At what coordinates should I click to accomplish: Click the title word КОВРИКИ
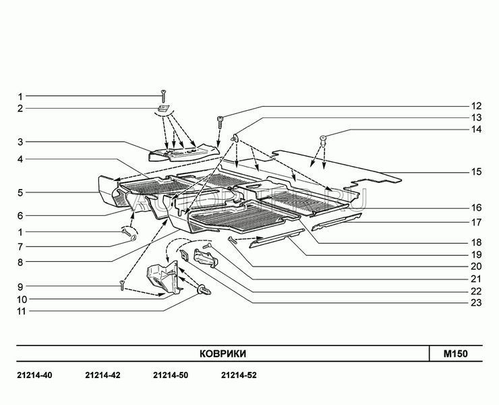tap(223, 354)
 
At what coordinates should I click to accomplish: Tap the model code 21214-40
tap(33, 375)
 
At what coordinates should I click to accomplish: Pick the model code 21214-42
tap(102, 375)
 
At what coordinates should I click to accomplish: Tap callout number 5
tap(20, 192)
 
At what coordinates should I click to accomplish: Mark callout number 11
tap(20, 311)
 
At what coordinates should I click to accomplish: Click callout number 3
tap(20, 142)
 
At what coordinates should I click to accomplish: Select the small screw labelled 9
tap(122, 286)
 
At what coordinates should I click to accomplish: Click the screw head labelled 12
tap(220, 120)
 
